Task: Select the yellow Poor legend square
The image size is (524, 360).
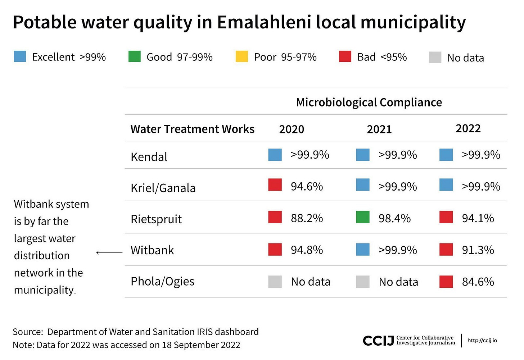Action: (241, 56)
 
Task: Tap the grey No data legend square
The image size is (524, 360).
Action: (435, 57)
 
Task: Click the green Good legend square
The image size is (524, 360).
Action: (135, 56)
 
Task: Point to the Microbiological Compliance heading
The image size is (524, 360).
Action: (369, 102)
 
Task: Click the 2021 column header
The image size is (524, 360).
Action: (379, 129)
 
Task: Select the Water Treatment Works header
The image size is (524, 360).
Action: (192, 129)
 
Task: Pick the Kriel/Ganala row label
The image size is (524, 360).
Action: (163, 188)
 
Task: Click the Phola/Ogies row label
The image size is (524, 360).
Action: (162, 281)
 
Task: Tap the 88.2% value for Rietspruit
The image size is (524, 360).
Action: (307, 218)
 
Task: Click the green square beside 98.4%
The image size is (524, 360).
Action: (362, 217)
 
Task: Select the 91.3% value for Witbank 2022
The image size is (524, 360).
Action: (478, 250)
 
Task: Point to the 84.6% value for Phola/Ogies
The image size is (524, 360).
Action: (478, 282)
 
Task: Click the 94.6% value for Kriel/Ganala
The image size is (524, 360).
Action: (307, 187)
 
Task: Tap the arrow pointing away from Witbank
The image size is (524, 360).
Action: (109, 252)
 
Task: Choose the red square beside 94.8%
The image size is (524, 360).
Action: (275, 249)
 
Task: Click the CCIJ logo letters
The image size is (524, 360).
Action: (378, 341)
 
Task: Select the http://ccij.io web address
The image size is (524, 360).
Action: (482, 341)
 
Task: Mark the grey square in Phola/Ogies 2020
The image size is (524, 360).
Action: (275, 282)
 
